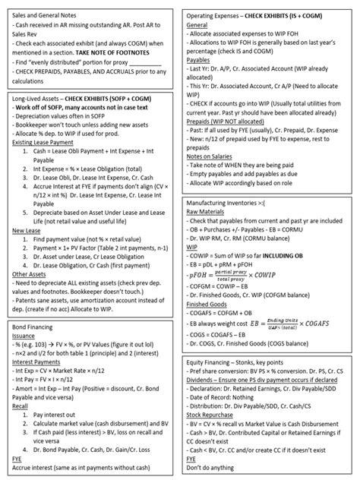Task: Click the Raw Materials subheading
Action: pyautogui.click(x=208, y=215)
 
